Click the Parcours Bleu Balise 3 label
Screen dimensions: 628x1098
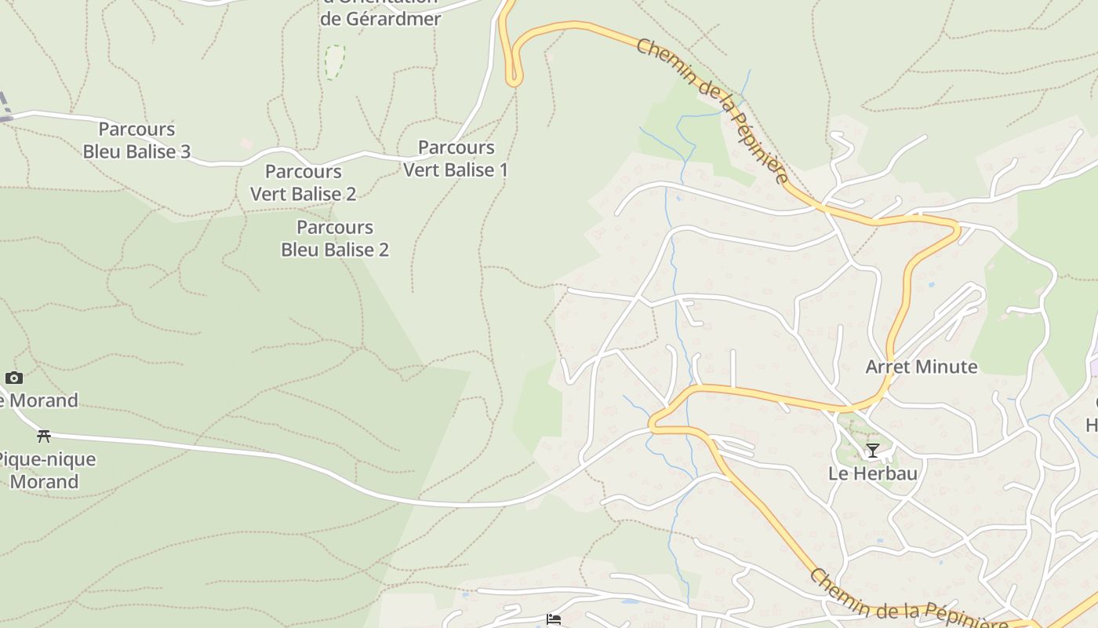(136, 141)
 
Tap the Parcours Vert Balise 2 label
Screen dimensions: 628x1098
(303, 183)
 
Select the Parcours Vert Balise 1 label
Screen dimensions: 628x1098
(456, 159)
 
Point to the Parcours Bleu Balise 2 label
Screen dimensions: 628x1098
(335, 239)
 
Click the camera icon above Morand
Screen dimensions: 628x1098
(13, 378)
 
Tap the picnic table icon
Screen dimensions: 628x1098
(44, 436)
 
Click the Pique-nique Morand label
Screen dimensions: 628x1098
(45, 470)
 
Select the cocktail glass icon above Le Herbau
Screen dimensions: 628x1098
(872, 451)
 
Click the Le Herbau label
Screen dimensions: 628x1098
(873, 473)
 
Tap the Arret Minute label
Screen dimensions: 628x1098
(921, 367)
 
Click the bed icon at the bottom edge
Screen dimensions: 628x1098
(554, 619)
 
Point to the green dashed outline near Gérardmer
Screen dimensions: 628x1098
(335, 61)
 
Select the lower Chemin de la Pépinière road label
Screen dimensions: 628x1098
(908, 601)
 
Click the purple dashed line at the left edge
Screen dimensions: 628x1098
(4, 106)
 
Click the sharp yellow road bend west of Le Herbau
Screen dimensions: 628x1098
(653, 425)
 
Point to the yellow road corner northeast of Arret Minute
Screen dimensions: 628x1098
(956, 228)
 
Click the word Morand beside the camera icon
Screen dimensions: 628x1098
(44, 400)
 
